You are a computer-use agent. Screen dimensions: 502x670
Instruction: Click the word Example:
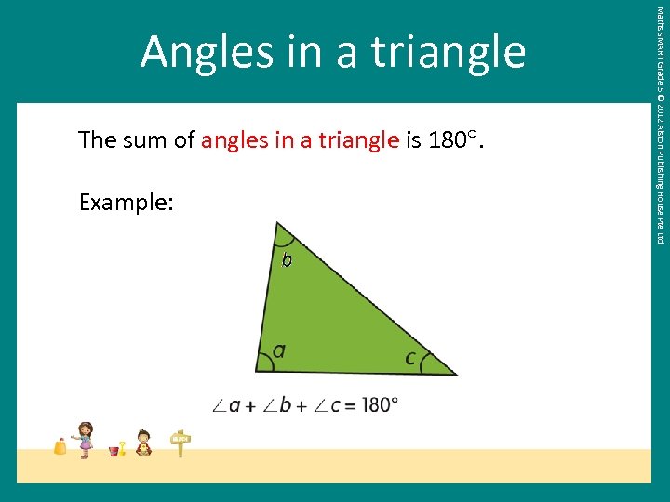pos(126,202)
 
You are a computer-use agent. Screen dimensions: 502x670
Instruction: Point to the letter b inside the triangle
pos(287,259)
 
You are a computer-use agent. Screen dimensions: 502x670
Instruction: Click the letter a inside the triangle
pos(278,350)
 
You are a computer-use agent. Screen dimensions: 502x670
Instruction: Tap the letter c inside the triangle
pos(410,357)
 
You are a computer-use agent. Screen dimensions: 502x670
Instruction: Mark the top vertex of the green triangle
pos(276,222)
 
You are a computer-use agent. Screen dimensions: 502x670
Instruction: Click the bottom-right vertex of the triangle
pos(456,374)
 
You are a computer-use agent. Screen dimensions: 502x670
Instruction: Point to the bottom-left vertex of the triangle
pos(257,371)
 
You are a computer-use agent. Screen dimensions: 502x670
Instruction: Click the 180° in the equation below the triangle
pos(379,405)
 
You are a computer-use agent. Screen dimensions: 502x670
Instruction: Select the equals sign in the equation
pos(349,405)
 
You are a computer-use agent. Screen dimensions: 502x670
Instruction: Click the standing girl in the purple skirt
pos(86,439)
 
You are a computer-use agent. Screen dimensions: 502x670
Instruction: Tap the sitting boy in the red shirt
pos(143,443)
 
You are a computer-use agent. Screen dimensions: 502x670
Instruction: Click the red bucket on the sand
pos(114,451)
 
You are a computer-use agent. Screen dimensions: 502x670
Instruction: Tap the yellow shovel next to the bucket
pos(123,447)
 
